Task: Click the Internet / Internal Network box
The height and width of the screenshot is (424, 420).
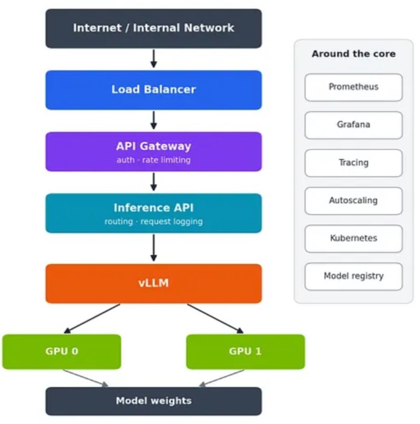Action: [x=153, y=28]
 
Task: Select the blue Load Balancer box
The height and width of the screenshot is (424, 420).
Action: [x=153, y=90]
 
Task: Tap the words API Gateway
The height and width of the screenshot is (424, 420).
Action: [x=153, y=146]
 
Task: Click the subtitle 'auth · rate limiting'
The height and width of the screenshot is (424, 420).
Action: [x=153, y=160]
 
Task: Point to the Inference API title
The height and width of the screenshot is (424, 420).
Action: [x=153, y=207]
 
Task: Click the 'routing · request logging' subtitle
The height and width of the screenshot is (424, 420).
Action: [x=153, y=221]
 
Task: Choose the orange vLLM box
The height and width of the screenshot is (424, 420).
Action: [x=153, y=284]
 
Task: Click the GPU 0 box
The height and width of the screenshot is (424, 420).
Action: [x=62, y=351]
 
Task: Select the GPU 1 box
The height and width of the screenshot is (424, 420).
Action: [x=245, y=351]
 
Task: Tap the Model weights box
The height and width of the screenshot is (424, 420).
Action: [x=153, y=401]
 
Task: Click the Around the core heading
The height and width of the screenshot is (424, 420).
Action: [x=354, y=54]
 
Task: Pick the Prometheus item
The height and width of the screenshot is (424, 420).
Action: [x=354, y=87]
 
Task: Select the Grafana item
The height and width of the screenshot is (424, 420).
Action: [x=354, y=125]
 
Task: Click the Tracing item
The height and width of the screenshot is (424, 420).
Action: [x=354, y=163]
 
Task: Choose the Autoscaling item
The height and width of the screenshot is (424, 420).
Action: [x=354, y=201]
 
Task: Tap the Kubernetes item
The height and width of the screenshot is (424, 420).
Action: [x=354, y=238]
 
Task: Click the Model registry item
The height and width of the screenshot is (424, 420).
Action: [x=354, y=276]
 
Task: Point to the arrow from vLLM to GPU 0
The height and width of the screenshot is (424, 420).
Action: [x=92, y=319]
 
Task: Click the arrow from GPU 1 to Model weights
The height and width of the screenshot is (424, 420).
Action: [x=221, y=378]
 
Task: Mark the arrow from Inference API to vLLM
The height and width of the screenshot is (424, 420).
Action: [x=153, y=247]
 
